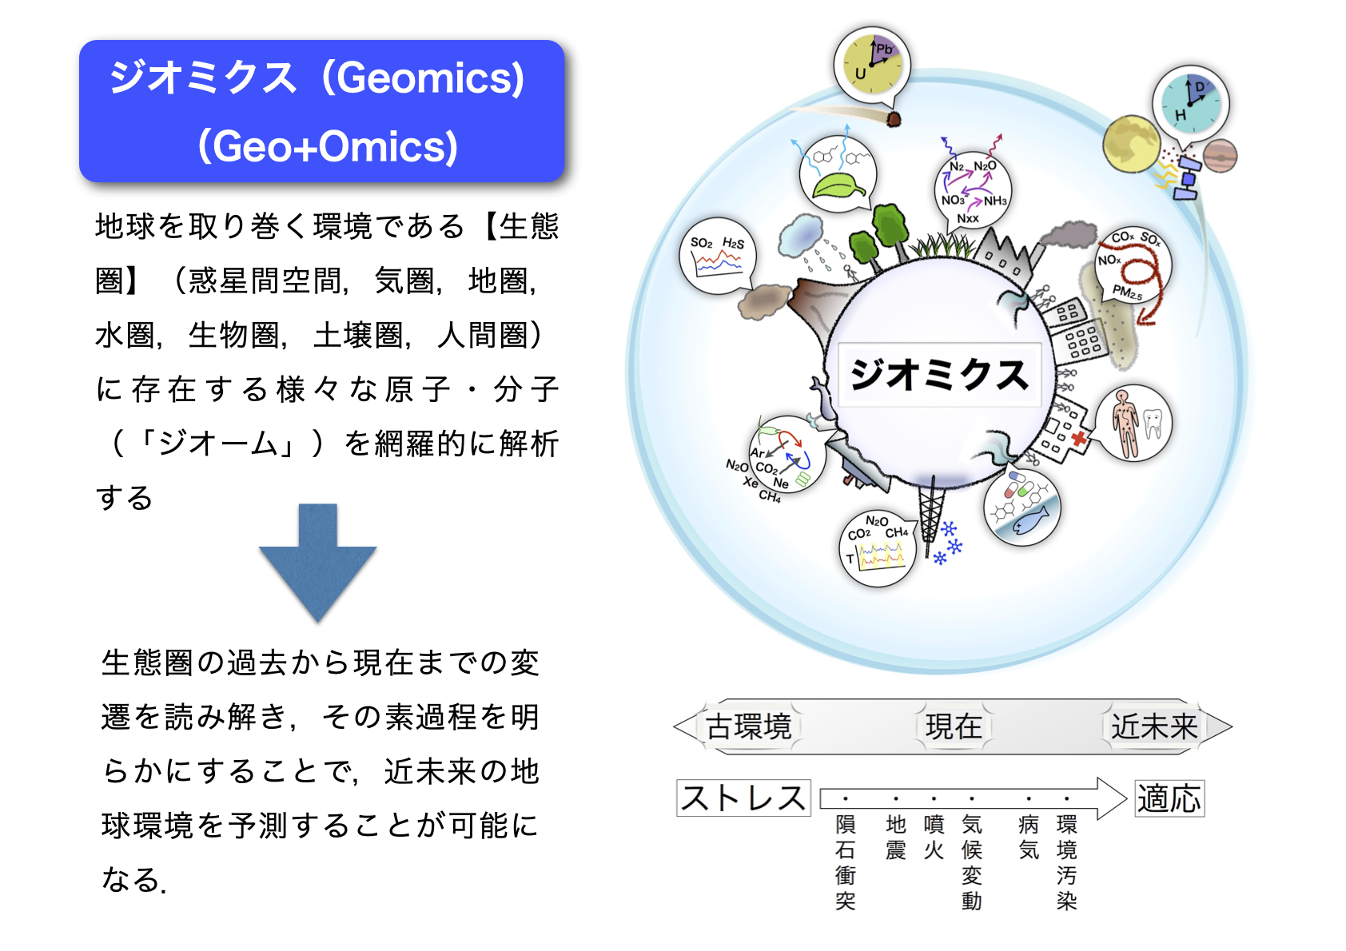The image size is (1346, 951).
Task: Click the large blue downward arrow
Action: click(x=318, y=562)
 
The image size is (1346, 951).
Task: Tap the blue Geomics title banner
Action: click(x=322, y=111)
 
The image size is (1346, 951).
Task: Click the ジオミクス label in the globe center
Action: click(x=940, y=375)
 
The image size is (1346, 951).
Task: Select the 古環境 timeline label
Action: click(x=748, y=726)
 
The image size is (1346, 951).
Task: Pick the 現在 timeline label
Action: click(x=954, y=726)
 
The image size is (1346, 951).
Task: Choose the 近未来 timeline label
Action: click(x=1153, y=726)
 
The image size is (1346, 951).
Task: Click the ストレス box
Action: click(x=743, y=798)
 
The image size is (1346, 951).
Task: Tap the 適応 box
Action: click(x=1169, y=798)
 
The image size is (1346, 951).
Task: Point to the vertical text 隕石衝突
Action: click(x=846, y=862)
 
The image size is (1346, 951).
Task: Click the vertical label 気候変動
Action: click(x=972, y=862)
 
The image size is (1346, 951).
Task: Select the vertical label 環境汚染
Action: click(x=1066, y=862)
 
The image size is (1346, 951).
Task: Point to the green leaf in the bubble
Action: click(x=838, y=185)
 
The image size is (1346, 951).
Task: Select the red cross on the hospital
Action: click(x=1080, y=438)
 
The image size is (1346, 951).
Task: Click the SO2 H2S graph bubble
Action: click(x=717, y=255)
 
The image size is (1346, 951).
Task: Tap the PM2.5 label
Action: click(x=1127, y=292)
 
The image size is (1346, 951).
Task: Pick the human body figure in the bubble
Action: click(x=1124, y=423)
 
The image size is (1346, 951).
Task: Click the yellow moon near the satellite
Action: click(x=1132, y=144)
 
